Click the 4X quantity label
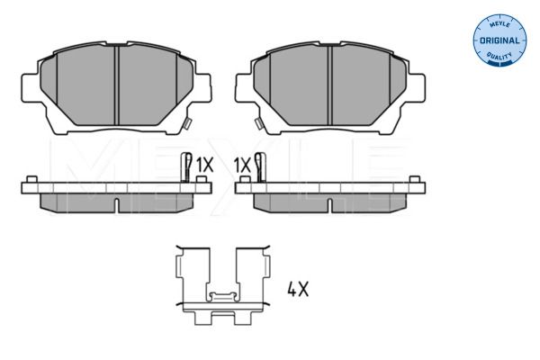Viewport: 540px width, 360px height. [298, 290]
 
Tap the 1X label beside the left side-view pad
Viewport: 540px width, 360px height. [203, 165]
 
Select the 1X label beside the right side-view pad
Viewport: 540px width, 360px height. [240, 165]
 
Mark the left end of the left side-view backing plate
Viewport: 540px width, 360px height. [24, 187]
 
